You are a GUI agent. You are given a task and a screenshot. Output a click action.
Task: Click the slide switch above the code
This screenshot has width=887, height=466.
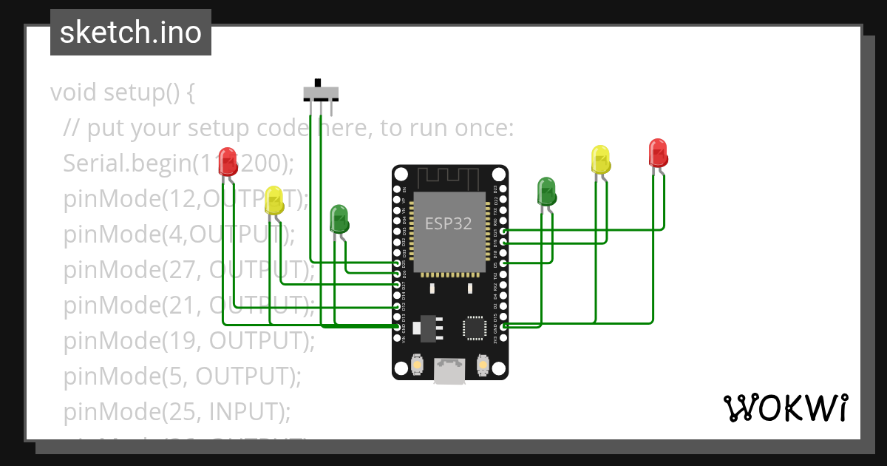(321, 93)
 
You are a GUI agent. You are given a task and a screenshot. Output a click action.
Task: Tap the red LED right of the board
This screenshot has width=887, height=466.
(658, 153)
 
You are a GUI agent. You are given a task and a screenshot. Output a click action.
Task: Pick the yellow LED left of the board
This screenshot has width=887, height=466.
(274, 200)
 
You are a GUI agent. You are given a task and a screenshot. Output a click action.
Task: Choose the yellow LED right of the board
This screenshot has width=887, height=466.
(601, 160)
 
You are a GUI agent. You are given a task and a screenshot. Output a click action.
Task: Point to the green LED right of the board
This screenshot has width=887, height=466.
(546, 192)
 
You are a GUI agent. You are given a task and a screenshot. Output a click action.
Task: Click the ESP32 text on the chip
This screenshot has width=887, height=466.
(448, 223)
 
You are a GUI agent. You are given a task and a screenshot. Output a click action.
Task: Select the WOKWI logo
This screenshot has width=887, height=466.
(785, 408)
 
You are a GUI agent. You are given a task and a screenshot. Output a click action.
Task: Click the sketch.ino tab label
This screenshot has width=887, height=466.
(131, 33)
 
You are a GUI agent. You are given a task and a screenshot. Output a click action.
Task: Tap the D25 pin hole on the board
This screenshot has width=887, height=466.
(398, 263)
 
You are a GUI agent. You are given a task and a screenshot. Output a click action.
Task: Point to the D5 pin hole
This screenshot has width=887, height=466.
(503, 263)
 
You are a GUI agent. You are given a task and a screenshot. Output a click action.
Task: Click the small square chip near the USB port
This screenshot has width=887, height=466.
(473, 327)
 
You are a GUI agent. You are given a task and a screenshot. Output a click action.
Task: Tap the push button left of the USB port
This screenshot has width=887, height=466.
(416, 365)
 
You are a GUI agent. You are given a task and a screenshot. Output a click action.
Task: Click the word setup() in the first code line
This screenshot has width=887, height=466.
(140, 93)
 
